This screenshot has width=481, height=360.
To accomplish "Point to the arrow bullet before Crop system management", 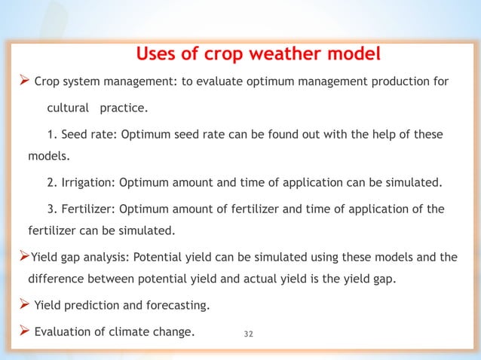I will [x=23, y=82].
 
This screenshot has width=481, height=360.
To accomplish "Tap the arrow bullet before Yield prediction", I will [x=23, y=305].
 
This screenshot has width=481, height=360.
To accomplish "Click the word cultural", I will [x=69, y=109].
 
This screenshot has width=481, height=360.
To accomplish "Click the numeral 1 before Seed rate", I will [x=50, y=134].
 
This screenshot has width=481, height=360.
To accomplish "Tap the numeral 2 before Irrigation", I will [x=50, y=183].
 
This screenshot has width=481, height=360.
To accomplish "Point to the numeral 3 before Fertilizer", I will [x=50, y=209].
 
